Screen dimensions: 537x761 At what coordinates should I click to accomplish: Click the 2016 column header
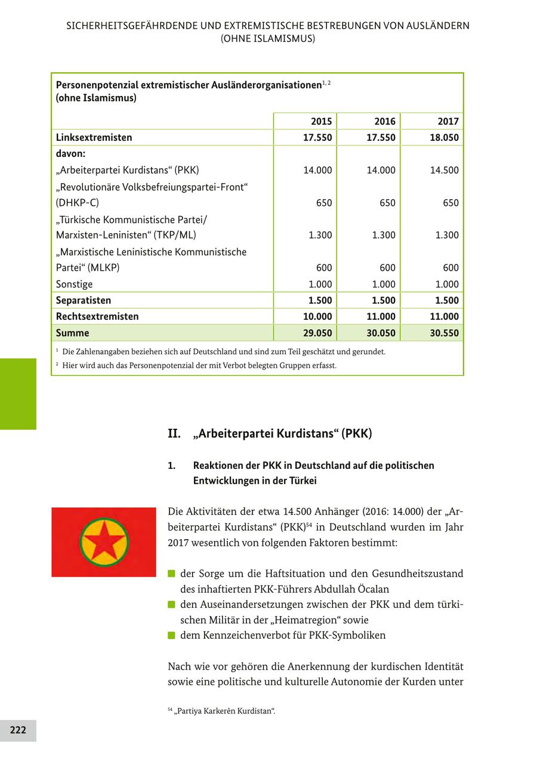(385, 121)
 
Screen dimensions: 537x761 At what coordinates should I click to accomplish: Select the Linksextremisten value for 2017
(444, 137)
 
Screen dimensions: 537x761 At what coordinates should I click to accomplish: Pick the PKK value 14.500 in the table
(444, 170)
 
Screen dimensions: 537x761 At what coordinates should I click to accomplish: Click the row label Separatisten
(84, 300)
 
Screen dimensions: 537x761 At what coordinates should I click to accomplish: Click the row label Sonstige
(74, 284)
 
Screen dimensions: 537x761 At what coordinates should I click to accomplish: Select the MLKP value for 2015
(324, 268)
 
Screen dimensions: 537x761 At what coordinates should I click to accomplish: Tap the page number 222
(18, 730)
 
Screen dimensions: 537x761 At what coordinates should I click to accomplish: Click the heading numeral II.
(174, 434)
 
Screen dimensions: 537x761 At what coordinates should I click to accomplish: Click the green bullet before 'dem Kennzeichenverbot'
(171, 635)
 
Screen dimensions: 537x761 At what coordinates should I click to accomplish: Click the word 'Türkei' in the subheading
(301, 480)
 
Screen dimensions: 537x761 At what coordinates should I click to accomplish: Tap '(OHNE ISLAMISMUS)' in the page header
(267, 38)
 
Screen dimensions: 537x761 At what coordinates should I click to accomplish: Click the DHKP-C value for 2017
(450, 203)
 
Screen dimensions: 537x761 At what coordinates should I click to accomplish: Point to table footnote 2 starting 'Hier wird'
(199, 365)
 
